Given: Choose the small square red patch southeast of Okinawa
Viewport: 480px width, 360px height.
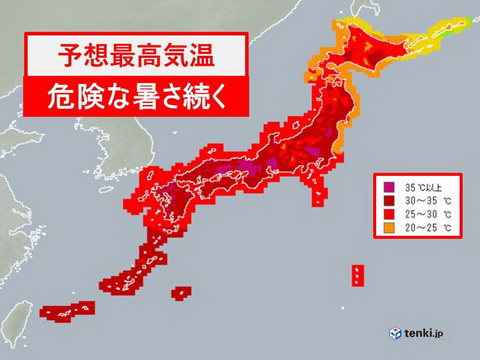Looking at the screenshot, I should (180, 294).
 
